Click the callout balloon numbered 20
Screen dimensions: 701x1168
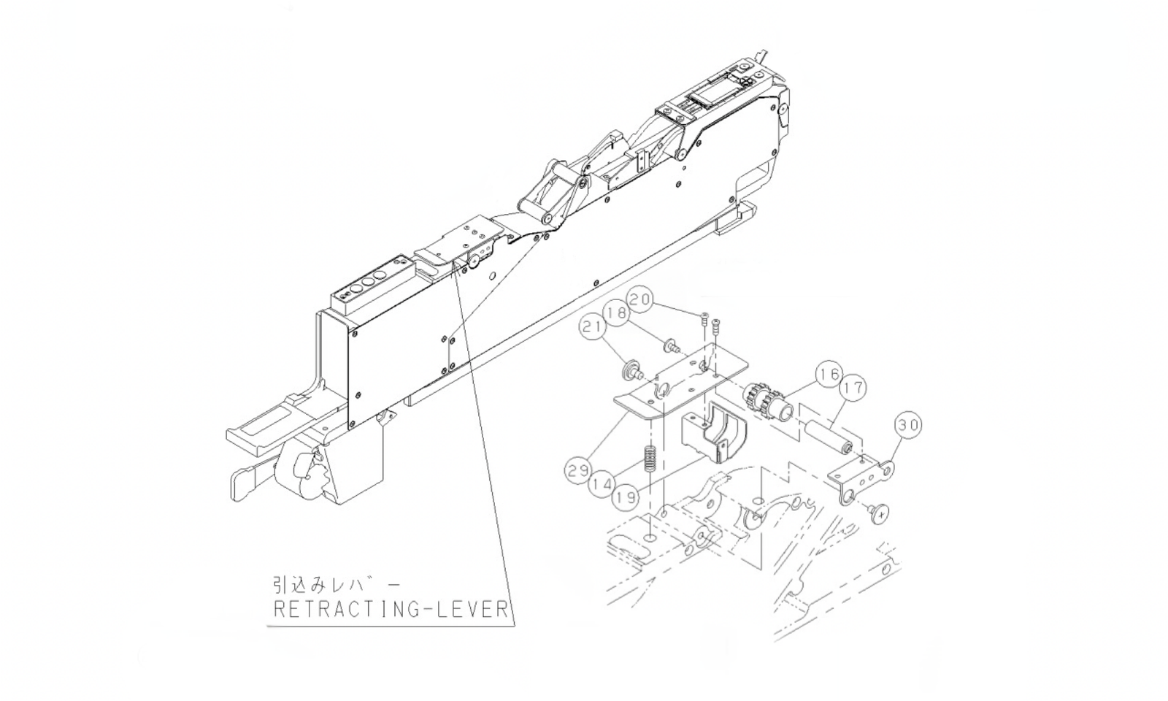pyautogui.click(x=640, y=299)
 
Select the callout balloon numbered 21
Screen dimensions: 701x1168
pyautogui.click(x=593, y=329)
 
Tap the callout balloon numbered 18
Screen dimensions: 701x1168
pyautogui.click(x=617, y=313)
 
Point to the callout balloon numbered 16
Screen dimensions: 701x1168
pyautogui.click(x=829, y=375)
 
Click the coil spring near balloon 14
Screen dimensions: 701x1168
pyautogui.click(x=647, y=463)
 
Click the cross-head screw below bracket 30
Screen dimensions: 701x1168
pyautogui.click(x=881, y=513)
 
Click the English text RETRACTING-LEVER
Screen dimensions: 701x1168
pyautogui.click(x=390, y=610)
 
